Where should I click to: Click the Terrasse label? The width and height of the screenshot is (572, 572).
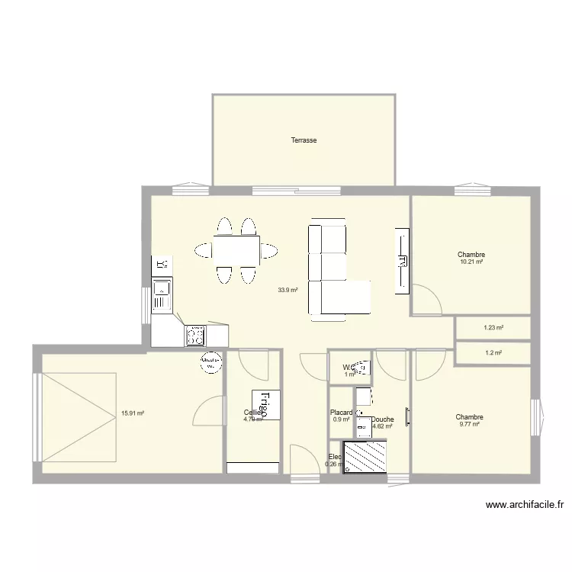[x=304, y=140]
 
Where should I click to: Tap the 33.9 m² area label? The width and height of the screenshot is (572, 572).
[x=288, y=290]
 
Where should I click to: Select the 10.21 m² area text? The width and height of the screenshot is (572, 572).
[x=471, y=262]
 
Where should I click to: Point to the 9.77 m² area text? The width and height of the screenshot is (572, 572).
[x=469, y=424]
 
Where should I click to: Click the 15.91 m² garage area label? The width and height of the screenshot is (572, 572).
[x=133, y=413]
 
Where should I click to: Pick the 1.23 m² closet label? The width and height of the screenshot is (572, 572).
[x=493, y=328]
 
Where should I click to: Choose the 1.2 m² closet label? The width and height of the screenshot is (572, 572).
[x=493, y=353]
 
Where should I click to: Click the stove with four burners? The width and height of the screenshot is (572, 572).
[x=196, y=334]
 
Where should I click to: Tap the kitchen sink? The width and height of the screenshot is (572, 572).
[x=162, y=288]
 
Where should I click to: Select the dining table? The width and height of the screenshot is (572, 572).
[x=236, y=249]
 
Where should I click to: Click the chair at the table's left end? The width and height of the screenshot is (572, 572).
[x=204, y=249]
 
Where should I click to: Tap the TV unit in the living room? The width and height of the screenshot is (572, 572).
[x=401, y=260]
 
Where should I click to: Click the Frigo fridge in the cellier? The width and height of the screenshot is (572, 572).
[x=265, y=404]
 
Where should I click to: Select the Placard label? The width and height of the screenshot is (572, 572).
[x=341, y=413]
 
